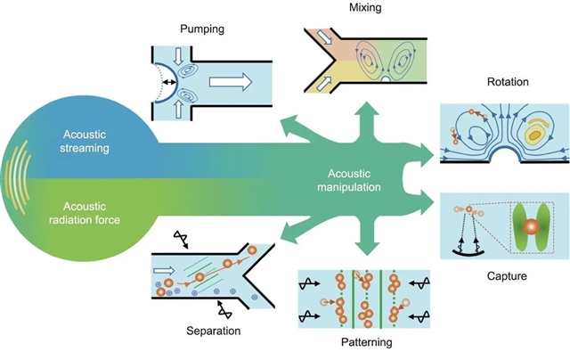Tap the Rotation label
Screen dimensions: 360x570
pos(509,83)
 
